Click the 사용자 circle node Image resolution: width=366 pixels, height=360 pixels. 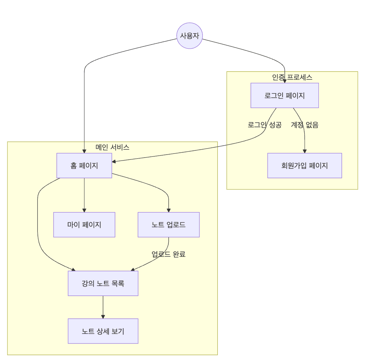click(189, 36)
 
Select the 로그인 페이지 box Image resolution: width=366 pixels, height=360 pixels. click(284, 95)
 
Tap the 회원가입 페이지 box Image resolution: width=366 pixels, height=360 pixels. click(304, 165)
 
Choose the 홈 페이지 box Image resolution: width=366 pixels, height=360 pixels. click(84, 165)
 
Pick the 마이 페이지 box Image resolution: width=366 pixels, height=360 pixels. click(84, 225)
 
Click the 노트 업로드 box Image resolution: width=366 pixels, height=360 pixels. click(168, 225)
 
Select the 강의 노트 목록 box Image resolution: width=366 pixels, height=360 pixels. click(103, 283)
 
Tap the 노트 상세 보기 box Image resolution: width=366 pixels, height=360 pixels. click(103, 331)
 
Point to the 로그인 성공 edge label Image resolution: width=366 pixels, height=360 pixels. click(265, 125)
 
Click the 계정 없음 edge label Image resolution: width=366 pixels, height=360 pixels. click(305, 125)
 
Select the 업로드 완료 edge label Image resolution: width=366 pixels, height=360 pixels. click(168, 254)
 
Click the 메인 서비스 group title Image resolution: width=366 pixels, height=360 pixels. click(112, 147)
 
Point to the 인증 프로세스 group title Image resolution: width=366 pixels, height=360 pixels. click(292, 77)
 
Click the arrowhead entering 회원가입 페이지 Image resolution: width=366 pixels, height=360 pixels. click(305, 151)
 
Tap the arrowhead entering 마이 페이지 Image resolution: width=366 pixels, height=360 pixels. click(84, 210)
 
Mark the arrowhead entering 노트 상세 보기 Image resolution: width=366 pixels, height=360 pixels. click(103, 317)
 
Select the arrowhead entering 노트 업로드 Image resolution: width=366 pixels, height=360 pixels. click(168, 210)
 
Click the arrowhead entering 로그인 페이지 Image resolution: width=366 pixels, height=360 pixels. click(285, 81)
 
